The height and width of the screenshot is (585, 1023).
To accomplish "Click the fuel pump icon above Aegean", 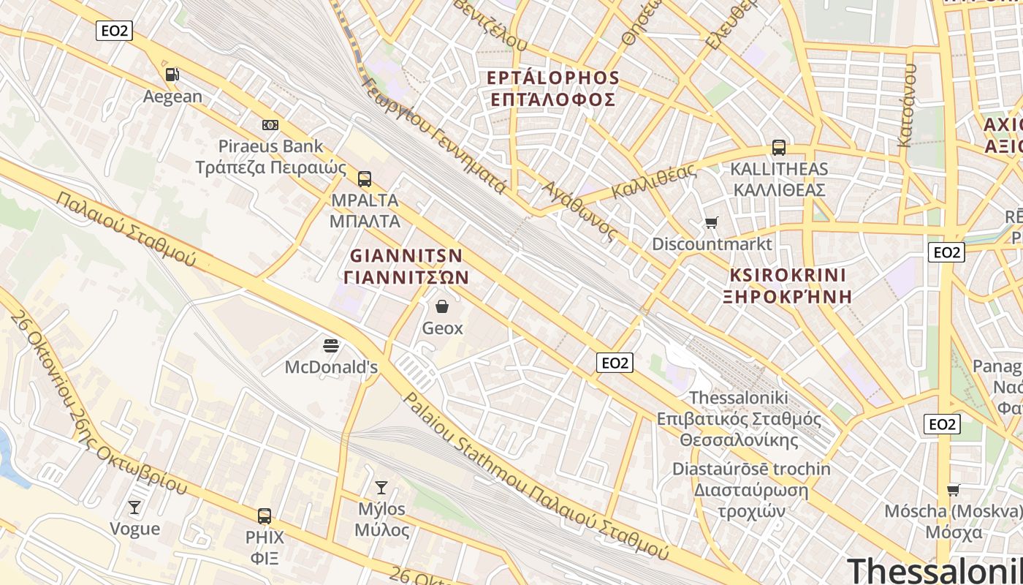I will [172, 74].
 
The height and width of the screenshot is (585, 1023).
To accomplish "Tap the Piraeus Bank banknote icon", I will [270, 125].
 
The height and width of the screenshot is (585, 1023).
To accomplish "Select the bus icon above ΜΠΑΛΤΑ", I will [364, 178].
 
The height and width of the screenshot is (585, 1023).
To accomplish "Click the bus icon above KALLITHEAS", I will [779, 148].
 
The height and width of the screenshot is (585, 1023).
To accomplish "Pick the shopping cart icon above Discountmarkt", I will [711, 222].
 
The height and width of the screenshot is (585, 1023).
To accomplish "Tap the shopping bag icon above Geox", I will [442, 306].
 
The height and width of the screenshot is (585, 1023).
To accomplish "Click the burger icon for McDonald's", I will [331, 345].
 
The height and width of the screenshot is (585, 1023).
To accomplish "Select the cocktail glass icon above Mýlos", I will [381, 487].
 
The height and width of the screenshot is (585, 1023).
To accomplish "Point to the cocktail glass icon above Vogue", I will [134, 507].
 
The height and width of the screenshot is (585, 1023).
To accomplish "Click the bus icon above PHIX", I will [265, 516].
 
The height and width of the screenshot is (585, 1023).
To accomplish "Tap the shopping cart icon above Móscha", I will [953, 490].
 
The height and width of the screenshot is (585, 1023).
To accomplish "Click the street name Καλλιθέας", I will [653, 181].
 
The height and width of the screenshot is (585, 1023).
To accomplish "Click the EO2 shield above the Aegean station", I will [114, 31].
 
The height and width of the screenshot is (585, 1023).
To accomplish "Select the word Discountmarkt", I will [712, 244].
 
